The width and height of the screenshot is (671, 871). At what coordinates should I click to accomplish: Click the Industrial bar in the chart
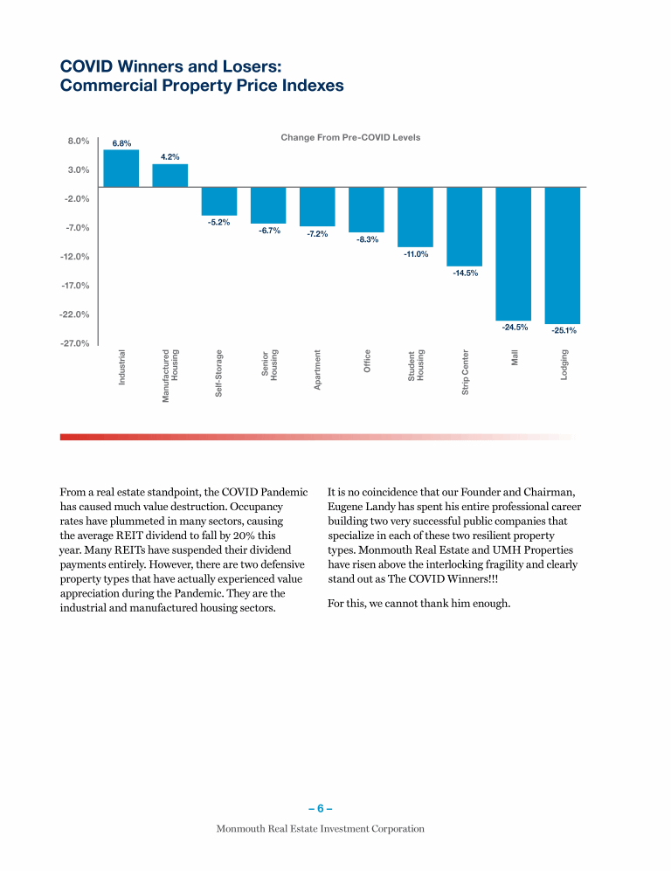click(x=121, y=169)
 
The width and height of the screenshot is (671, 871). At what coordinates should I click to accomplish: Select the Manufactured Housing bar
click(x=169, y=176)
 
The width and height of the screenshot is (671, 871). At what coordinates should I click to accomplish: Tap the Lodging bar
click(x=562, y=255)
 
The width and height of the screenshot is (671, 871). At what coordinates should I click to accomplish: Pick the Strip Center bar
click(x=464, y=226)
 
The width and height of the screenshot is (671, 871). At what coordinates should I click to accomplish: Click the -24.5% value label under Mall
click(x=515, y=327)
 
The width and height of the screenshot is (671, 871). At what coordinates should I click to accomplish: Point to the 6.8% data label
click(x=121, y=143)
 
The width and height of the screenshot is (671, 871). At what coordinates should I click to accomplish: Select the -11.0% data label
click(x=415, y=254)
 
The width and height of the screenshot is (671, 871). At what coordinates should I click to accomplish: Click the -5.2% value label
click(x=218, y=222)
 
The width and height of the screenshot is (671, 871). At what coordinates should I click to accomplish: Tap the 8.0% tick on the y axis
click(x=79, y=141)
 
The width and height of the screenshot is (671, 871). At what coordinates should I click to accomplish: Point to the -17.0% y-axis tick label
click(x=76, y=286)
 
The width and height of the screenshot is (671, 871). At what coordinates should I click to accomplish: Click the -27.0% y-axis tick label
click(x=76, y=343)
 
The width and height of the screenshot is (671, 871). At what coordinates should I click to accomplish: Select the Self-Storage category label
click(x=219, y=374)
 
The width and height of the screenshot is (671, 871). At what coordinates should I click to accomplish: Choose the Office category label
click(x=367, y=362)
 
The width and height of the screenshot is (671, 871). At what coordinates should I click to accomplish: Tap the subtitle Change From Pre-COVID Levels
click(x=350, y=138)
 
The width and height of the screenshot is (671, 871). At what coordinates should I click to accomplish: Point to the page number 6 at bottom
click(x=321, y=808)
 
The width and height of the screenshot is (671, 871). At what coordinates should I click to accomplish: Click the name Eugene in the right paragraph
click(x=347, y=507)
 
